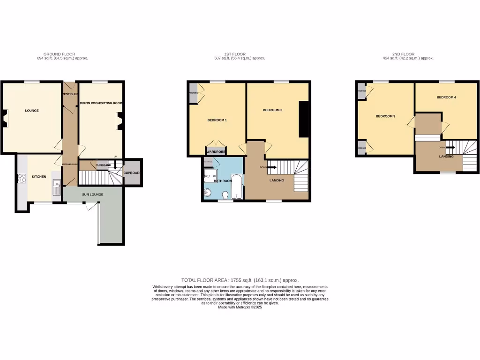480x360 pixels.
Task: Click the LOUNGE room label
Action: coord(32,111)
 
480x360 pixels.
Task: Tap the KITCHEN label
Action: coord(38,177)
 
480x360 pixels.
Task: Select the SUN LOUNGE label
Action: coord(94,194)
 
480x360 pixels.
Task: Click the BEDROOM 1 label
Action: coord(217,120)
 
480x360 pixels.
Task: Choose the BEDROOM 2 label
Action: coord(272,110)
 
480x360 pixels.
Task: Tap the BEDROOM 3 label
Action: coord(385,116)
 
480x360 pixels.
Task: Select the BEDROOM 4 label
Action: coord(446,97)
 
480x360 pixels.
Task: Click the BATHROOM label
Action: coord(223,180)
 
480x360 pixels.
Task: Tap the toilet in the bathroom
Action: coord(225,195)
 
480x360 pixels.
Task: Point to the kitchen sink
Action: coord(56,186)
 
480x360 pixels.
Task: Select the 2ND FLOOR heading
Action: coord(406,54)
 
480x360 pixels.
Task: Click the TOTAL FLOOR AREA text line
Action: coord(240,280)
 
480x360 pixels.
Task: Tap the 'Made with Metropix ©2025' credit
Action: coord(240,307)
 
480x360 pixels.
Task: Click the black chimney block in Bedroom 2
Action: coord(304,120)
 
